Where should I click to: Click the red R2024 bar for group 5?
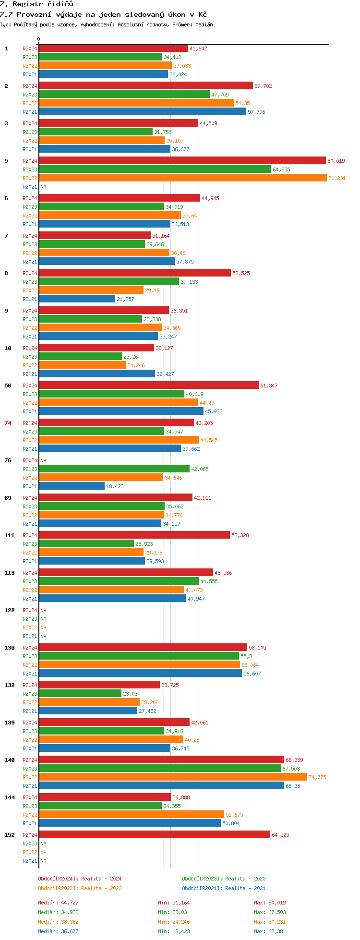pyautogui.click(x=182, y=160)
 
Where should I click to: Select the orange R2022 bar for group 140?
pyautogui.click(x=173, y=777)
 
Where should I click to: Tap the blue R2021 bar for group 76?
pyautogui.click(x=72, y=486)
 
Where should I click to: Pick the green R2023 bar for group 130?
pyautogui.click(x=139, y=656)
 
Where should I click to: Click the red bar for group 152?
pyautogui.click(x=155, y=834)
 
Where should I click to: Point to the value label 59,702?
pyautogui.click(x=263, y=86)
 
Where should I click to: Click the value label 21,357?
pyautogui.click(x=125, y=299)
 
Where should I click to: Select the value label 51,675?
pyautogui.click(x=234, y=815)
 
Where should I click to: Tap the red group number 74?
pyautogui.click(x=8, y=423)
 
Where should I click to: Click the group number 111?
pyautogui.click(x=10, y=535)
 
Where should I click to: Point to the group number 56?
pyautogui.click(x=8, y=386)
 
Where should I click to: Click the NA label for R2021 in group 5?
pyautogui.click(x=43, y=187)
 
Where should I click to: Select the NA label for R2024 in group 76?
pyautogui.click(x=43, y=460)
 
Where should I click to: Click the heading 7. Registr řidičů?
pyautogui.click(x=36, y=4)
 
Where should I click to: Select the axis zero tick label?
pyautogui.click(x=39, y=39)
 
